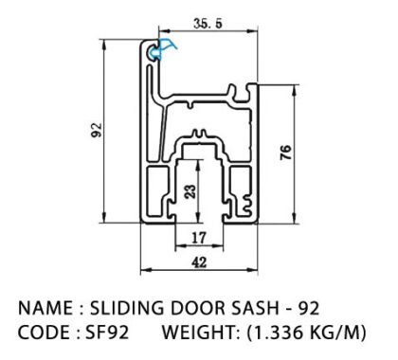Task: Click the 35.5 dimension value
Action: point(208,24)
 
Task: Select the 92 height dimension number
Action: point(97,130)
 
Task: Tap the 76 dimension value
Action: point(286,153)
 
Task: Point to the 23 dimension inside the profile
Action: point(190,191)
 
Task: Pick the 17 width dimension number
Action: point(199,238)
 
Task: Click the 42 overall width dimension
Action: point(199,262)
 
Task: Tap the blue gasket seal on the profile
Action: point(162,49)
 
